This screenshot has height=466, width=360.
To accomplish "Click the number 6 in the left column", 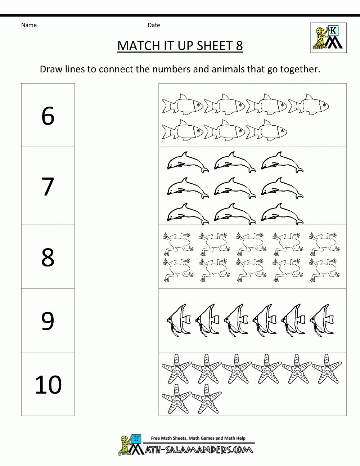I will tap(48, 116).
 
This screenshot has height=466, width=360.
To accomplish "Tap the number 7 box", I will tap(48, 186).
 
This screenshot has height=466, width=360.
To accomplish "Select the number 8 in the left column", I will tap(48, 257).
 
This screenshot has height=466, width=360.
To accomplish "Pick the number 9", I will tap(48, 321).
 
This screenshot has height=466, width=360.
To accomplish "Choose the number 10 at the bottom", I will tap(48, 385).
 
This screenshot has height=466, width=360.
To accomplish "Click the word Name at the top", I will tap(29, 25).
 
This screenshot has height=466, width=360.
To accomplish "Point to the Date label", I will tap(154, 25).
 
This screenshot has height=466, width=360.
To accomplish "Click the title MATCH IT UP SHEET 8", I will tap(180, 46).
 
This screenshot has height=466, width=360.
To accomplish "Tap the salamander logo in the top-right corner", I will tap(328, 38).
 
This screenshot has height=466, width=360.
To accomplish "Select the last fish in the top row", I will tap(309, 105).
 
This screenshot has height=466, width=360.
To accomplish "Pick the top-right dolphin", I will tap(282, 162).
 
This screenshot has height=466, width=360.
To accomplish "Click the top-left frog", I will tap(177, 242).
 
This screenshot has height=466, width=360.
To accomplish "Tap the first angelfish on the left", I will tap(179, 320).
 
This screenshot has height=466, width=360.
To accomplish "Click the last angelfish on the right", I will tap(323, 320).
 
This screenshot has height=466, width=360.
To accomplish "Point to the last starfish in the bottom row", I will tap(207, 399).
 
